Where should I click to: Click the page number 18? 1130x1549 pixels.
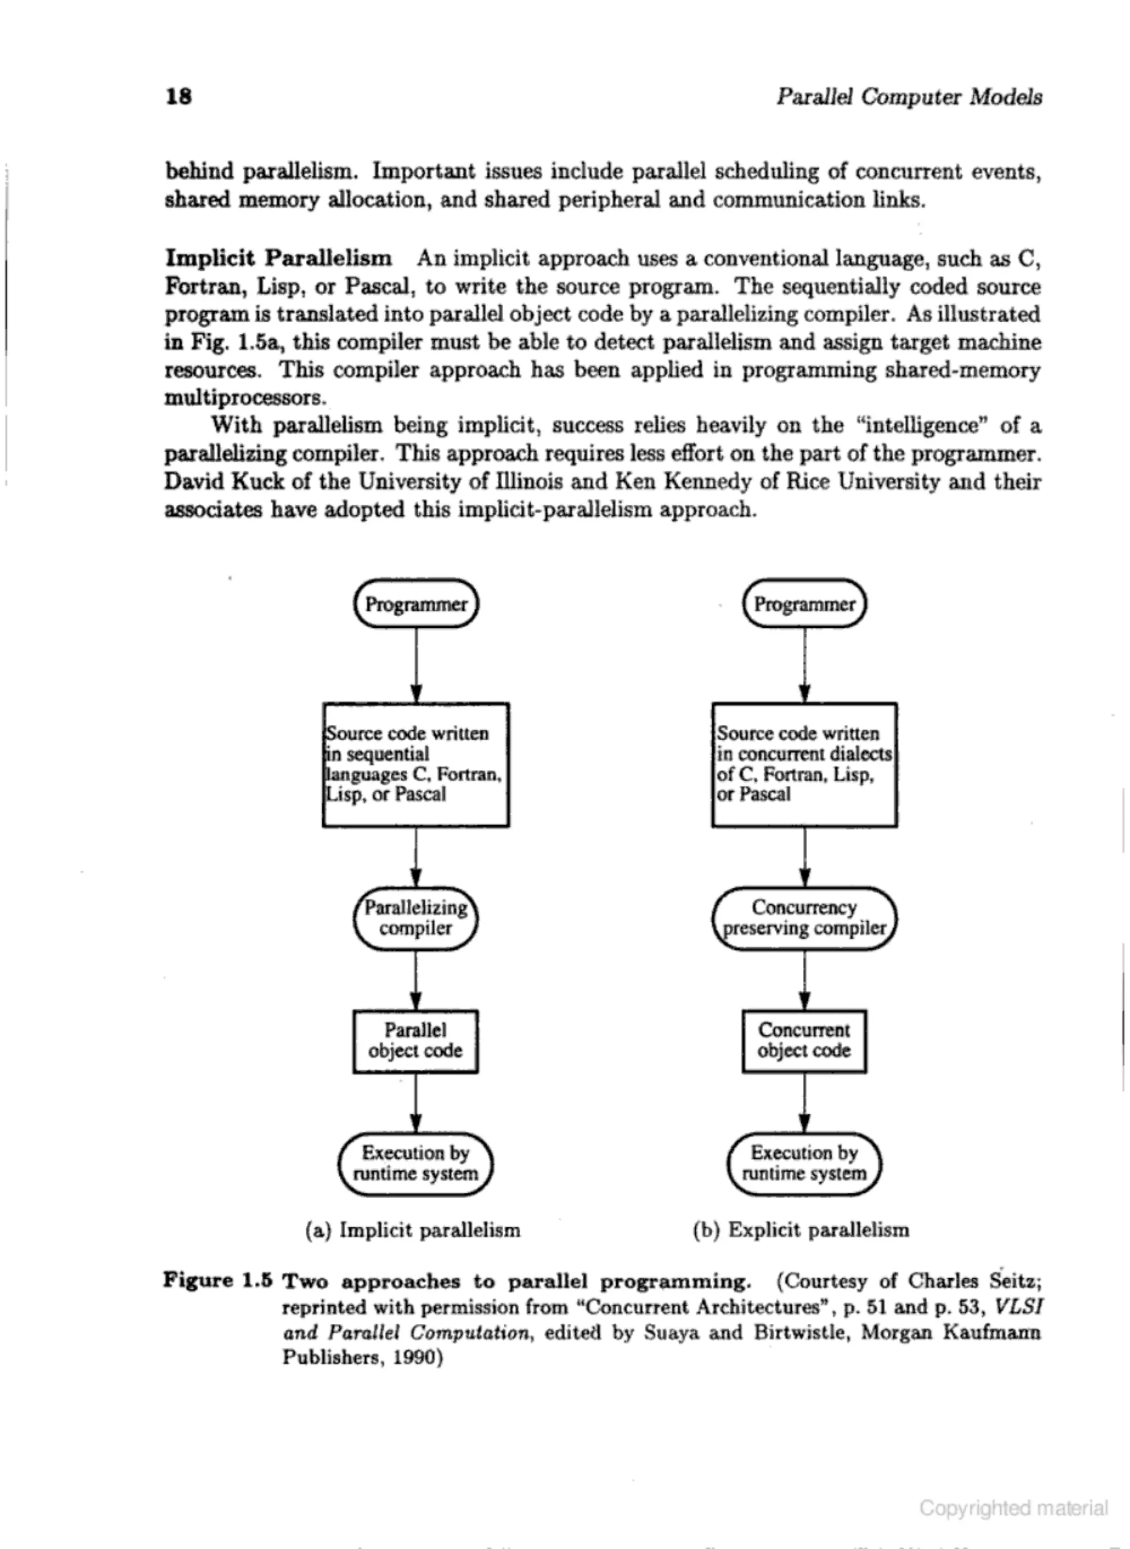pos(179,97)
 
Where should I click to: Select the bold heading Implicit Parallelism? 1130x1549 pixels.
pos(279,259)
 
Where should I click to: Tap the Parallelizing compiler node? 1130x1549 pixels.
pos(416,918)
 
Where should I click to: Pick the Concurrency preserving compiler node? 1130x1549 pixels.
pos(804,918)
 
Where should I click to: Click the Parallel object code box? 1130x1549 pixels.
pos(416,1041)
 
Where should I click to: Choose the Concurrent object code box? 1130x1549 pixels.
pos(804,1041)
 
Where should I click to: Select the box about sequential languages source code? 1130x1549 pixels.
pos(416,765)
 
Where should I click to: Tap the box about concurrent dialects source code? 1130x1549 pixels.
pos(804,765)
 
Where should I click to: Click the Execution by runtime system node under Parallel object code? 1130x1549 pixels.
pos(416,1163)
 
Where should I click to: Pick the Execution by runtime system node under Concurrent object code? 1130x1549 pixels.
pos(804,1163)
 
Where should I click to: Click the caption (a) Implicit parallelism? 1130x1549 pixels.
pos(413,1230)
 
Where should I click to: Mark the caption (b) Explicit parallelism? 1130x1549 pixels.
pos(801,1230)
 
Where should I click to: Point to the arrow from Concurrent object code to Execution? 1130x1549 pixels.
pos(804,1102)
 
